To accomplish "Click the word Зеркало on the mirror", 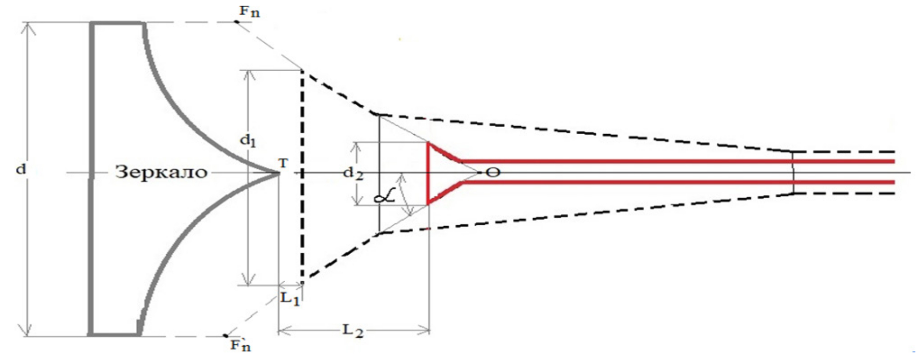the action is (x=161, y=172).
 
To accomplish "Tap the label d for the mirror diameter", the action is (x=21, y=169).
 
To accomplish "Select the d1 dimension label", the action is (x=248, y=140).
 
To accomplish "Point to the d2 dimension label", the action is (x=353, y=173).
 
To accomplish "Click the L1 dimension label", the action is (x=290, y=298).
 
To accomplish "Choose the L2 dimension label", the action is (x=353, y=331).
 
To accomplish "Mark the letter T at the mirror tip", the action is (x=284, y=163).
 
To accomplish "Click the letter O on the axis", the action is (x=493, y=172).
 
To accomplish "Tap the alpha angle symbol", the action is (x=384, y=195).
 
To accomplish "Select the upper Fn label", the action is (x=250, y=11).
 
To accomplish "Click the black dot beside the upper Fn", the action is (x=236, y=22).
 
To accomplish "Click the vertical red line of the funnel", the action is (x=428, y=173).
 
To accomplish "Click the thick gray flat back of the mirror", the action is (x=91, y=178).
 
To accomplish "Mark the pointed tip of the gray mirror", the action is (x=279, y=173).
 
